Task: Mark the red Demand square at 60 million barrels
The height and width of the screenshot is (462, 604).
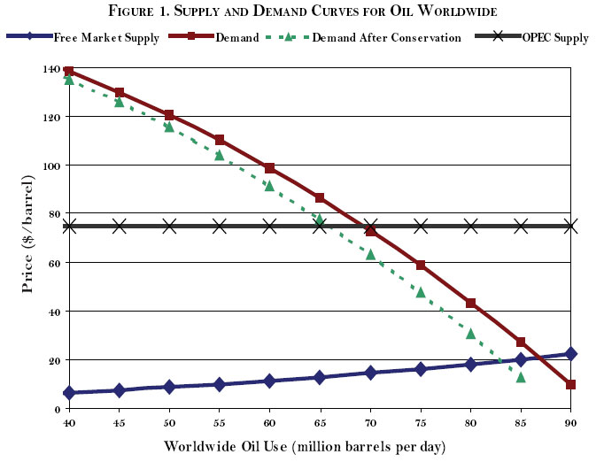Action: tap(270, 168)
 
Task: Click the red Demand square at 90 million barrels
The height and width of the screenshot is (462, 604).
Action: tap(571, 385)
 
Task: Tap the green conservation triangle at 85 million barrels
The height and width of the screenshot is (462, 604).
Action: tap(521, 377)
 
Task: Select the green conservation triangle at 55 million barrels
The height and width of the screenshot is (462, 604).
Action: tap(220, 155)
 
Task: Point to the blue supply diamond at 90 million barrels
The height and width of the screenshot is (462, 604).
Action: tap(571, 354)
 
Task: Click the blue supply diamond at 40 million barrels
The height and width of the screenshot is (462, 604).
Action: tap(69, 393)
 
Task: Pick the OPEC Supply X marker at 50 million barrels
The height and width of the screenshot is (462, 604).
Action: tap(169, 226)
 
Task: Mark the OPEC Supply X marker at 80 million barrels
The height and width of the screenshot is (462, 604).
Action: tap(471, 226)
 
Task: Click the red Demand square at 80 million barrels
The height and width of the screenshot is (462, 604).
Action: tap(471, 304)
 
